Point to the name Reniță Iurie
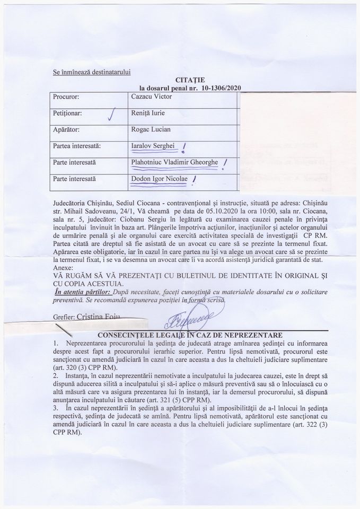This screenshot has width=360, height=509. point(151,113)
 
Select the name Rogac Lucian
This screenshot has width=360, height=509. point(151,129)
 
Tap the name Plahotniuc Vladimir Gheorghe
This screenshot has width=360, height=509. point(174,162)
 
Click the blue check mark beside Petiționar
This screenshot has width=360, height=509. point(111,113)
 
